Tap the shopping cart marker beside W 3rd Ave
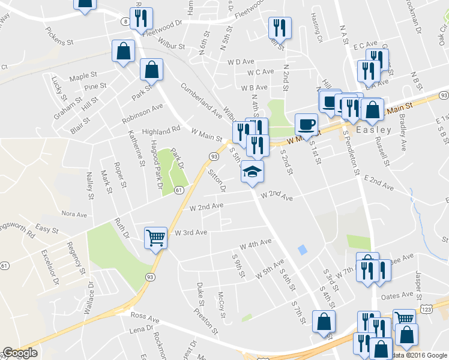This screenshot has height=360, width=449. click(x=156, y=238)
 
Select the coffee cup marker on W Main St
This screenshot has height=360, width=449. click(x=306, y=124)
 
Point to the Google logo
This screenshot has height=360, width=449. click(x=20, y=353)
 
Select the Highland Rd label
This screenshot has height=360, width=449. click(x=161, y=130)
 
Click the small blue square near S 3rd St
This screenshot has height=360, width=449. click(x=301, y=248)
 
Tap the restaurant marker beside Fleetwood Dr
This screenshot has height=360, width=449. click(x=142, y=19)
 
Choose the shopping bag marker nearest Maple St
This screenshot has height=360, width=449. click(x=124, y=52)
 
